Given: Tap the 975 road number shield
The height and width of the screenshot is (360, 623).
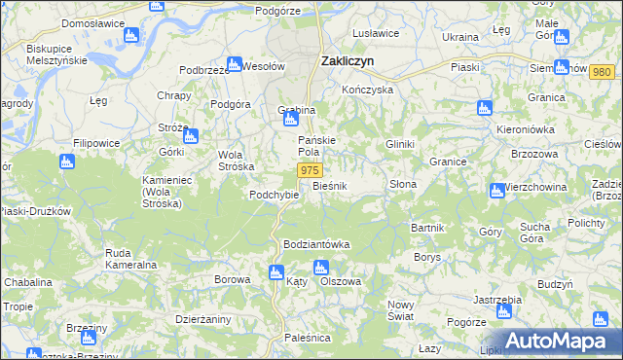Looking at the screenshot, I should click(x=310, y=170).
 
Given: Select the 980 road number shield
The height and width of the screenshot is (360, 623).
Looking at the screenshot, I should click(x=602, y=73).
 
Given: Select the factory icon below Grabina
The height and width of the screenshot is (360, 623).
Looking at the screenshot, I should click(x=289, y=121).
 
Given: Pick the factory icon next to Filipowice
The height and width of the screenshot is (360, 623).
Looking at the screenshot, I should click(x=67, y=162).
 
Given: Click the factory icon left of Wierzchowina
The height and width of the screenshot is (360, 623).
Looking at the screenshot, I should click(x=497, y=188).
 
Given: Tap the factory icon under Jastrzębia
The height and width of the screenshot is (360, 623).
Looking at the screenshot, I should click(x=503, y=311).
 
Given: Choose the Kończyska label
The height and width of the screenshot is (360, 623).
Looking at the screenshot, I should click(x=367, y=89).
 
